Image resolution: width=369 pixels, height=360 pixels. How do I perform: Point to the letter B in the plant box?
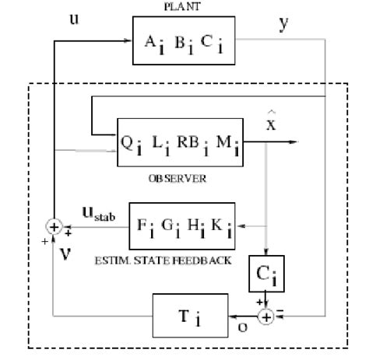[x=180, y=45]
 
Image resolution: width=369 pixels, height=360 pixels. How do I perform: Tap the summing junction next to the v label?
[x=54, y=227]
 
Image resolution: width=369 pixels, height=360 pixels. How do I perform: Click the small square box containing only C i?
[x=267, y=273]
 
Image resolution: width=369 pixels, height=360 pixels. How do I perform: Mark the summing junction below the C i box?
[x=267, y=316]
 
